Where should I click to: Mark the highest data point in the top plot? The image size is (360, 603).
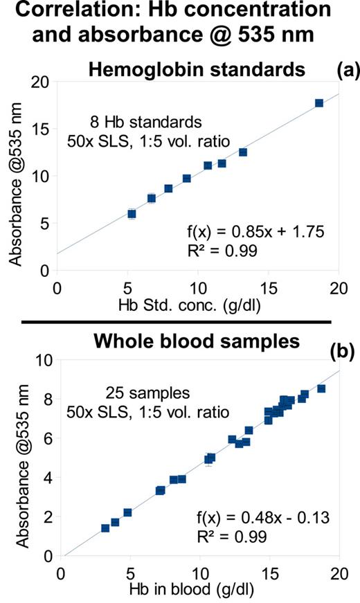[x=319, y=103]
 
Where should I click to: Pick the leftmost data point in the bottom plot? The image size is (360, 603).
[x=105, y=528]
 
